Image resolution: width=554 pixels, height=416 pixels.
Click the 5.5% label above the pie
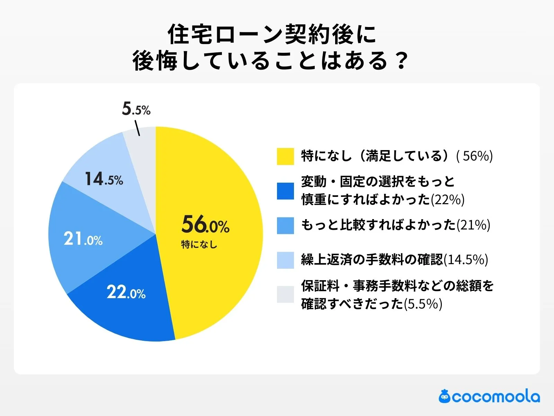click(136, 109)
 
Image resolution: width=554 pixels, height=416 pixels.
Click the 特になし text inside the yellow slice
click(199, 245)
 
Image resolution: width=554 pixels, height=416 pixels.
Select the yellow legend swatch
click(285, 156)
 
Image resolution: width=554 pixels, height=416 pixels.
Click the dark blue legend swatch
click(285, 191)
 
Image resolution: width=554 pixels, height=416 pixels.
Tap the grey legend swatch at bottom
click(285, 294)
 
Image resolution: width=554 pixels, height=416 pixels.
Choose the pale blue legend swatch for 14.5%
click(285, 260)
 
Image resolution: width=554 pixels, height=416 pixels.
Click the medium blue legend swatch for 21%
click(285, 225)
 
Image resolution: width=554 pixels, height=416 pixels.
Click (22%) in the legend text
click(447, 200)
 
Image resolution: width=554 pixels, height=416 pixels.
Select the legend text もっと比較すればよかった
click(378, 225)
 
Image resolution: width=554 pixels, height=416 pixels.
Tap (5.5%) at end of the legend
click(423, 304)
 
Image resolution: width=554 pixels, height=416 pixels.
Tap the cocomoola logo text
click(495, 397)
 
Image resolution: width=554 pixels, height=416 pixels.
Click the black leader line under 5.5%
click(137, 128)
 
